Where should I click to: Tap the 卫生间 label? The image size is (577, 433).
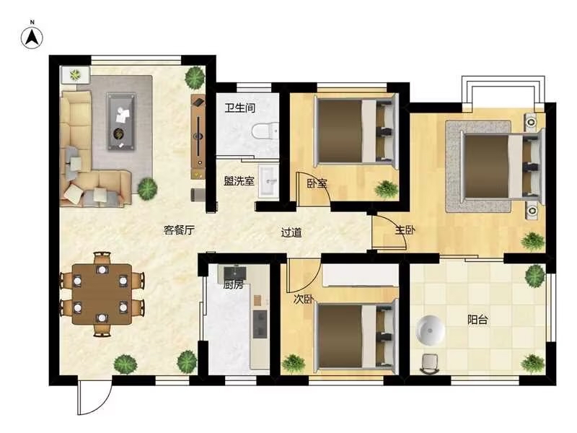pyautogui.click(x=240, y=108)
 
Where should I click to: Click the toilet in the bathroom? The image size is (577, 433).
pyautogui.click(x=265, y=131)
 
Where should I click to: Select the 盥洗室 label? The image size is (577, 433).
pyautogui.click(x=239, y=181)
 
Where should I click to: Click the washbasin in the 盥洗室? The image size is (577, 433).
pyautogui.click(x=269, y=181)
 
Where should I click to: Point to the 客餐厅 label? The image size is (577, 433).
pyautogui.click(x=179, y=230)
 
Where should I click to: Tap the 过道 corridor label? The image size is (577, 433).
pyautogui.click(x=291, y=232)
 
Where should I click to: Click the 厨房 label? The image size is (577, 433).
pyautogui.click(x=233, y=284)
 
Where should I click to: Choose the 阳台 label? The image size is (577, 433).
pyautogui.click(x=477, y=320)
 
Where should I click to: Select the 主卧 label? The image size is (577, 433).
pyautogui.click(x=405, y=230)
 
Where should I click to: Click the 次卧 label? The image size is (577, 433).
pyautogui.click(x=304, y=299)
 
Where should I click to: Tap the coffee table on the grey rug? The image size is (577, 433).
pyautogui.click(x=122, y=122)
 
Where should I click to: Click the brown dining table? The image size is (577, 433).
pyautogui.click(x=102, y=294)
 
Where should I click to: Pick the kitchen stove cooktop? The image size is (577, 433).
pyautogui.click(x=260, y=323)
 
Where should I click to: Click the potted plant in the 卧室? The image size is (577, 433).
pyautogui.click(x=387, y=189)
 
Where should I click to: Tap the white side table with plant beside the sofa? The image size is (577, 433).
pyautogui.click(x=76, y=75)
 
